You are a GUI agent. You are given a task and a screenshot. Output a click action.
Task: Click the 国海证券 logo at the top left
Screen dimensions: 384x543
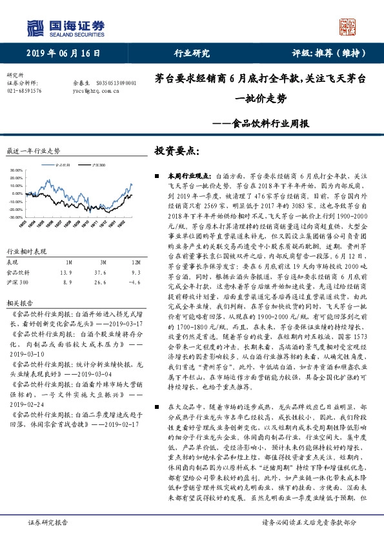click(65, 28)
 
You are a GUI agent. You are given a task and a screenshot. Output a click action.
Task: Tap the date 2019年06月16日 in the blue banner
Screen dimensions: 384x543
click(64, 54)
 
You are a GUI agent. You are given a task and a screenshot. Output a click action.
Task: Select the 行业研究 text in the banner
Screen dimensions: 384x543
click(192, 54)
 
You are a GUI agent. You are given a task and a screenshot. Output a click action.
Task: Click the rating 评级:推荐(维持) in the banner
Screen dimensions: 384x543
click(323, 54)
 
